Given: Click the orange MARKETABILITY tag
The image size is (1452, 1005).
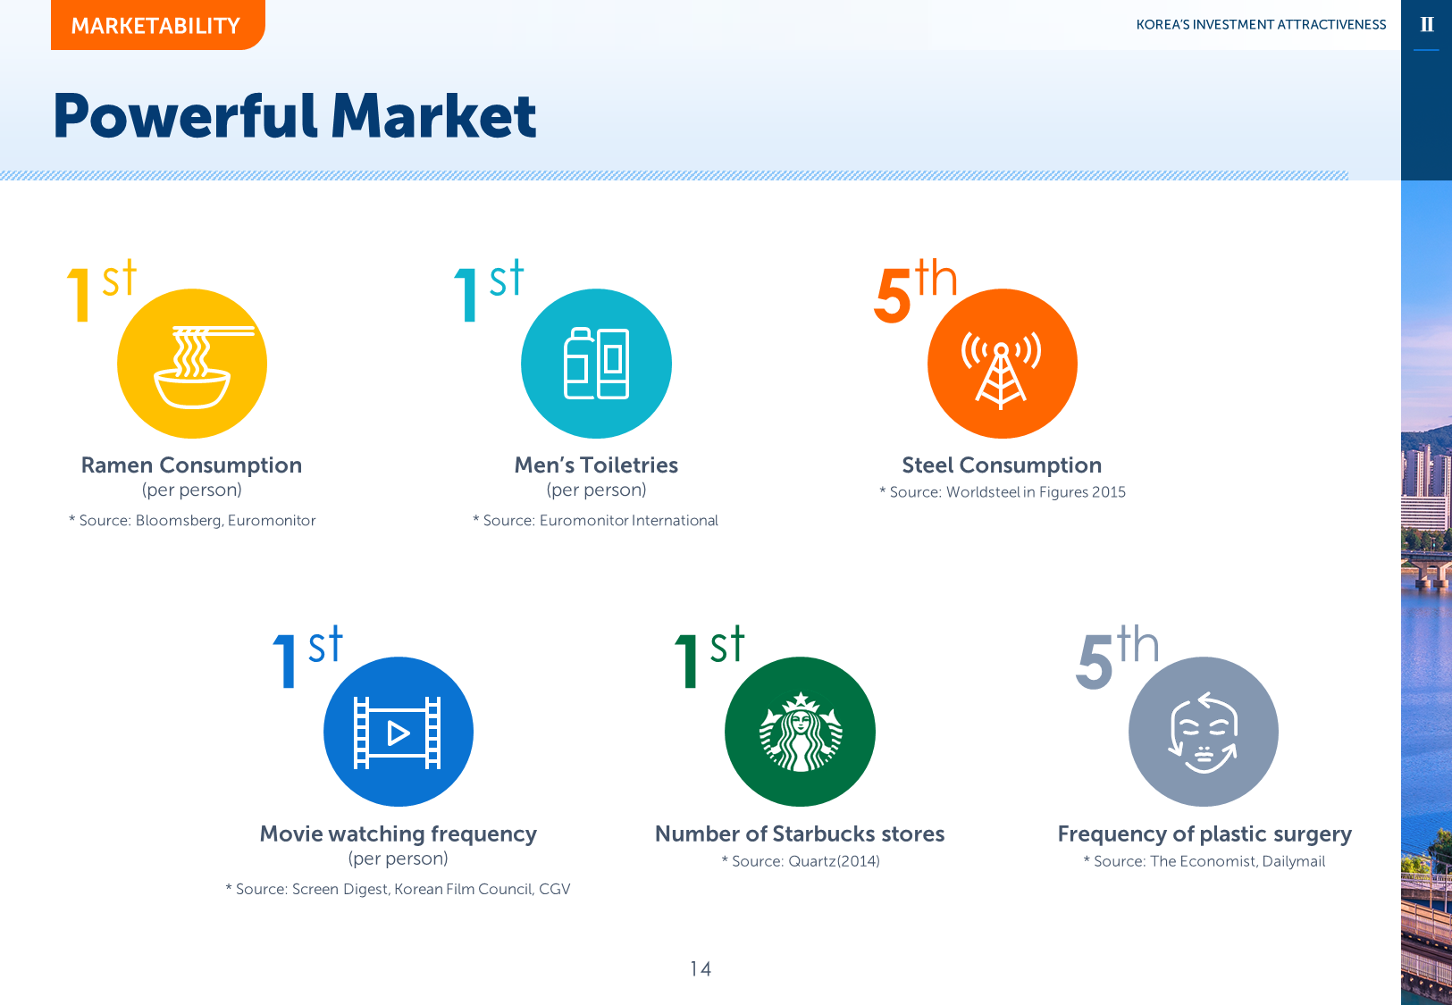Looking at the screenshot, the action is (157, 25).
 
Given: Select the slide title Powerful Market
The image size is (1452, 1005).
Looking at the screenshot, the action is (295, 116).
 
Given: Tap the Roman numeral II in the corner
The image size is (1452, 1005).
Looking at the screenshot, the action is (1426, 25).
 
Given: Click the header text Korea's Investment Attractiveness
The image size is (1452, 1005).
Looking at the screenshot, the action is (1261, 25).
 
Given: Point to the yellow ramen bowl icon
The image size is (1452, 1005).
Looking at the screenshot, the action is (192, 364).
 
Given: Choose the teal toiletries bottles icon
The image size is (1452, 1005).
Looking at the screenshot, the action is (596, 364).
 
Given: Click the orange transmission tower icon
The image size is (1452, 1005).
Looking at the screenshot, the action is (1003, 364).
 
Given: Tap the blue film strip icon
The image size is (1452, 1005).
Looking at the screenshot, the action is (398, 732).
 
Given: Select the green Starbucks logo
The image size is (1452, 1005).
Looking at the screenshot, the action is (800, 732).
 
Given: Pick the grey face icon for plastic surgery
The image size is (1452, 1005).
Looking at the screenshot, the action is (1204, 732).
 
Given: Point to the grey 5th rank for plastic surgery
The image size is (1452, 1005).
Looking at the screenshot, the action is (1118, 657).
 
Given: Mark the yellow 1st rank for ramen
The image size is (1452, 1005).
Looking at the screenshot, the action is (102, 290).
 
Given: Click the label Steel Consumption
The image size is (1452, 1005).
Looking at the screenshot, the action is (1002, 465).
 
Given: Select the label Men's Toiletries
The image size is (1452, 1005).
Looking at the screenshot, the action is (596, 465).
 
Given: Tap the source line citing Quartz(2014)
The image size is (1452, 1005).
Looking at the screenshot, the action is (801, 861).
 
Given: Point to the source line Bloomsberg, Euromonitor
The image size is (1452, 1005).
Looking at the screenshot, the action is (192, 521).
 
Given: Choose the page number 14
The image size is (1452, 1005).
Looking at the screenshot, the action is (701, 968).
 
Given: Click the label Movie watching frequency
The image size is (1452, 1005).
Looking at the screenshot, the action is (398, 834).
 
